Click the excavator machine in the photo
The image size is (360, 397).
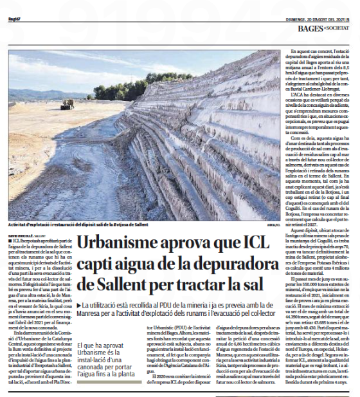pyautogui.click(x=67, y=102)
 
